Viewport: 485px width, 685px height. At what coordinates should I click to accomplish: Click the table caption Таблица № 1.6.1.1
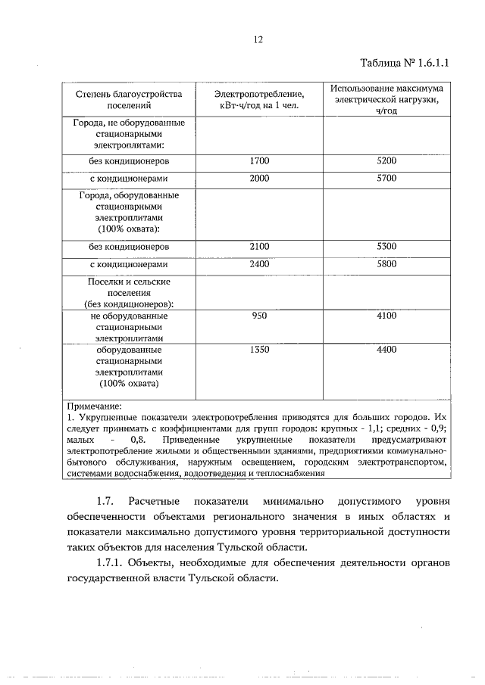[402, 63]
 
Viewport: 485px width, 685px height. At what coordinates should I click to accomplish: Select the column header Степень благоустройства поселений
[129, 100]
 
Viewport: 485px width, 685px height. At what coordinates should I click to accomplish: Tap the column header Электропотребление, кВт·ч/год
[259, 100]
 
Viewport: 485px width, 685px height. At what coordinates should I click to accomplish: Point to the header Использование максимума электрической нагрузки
[386, 99]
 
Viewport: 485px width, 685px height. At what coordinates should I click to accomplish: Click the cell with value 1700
[259, 161]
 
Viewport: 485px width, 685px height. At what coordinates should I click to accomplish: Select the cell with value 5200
[386, 161]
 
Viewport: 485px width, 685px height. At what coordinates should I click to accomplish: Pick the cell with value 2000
[259, 179]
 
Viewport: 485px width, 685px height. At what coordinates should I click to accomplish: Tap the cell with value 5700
[386, 179]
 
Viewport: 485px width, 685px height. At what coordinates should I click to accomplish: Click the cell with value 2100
[259, 247]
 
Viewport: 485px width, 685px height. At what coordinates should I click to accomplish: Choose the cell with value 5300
[386, 247]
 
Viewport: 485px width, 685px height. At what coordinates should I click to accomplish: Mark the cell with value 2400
[259, 265]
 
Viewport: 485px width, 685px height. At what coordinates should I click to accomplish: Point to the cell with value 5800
[386, 265]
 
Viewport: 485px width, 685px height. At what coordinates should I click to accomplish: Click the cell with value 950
[259, 316]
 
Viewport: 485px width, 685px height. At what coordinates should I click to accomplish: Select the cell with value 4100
[386, 316]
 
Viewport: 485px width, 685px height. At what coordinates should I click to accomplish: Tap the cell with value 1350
[259, 350]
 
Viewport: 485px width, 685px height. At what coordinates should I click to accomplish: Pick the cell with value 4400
[386, 350]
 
